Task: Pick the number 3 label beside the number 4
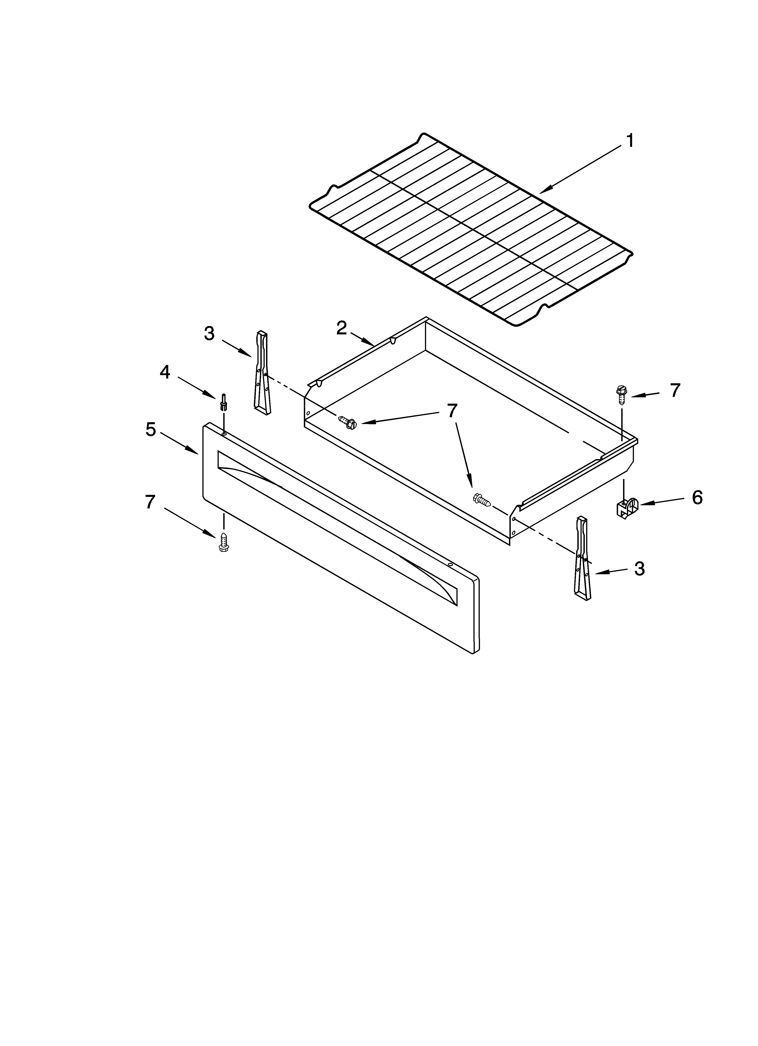tap(209, 334)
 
